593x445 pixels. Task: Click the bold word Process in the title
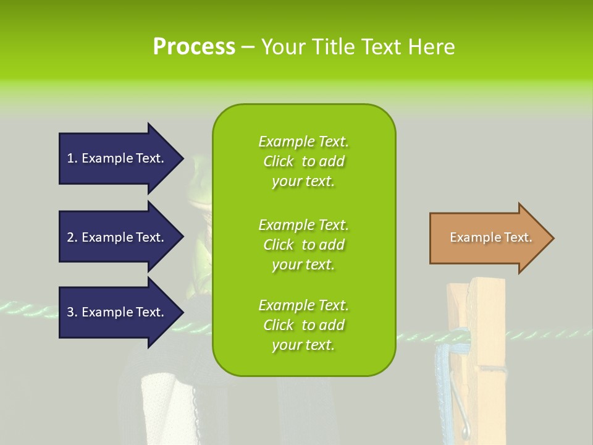(194, 47)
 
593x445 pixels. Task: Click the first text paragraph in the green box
(303, 161)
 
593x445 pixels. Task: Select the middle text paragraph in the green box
(303, 245)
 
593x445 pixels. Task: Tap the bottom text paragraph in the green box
(303, 325)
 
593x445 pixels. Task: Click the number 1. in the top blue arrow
(72, 158)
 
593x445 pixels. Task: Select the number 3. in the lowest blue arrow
(72, 312)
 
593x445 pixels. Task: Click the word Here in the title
(435, 47)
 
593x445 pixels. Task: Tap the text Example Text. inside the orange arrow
(491, 237)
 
